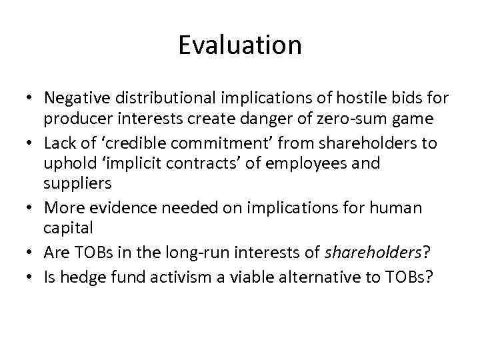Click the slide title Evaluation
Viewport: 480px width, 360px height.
(240, 45)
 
